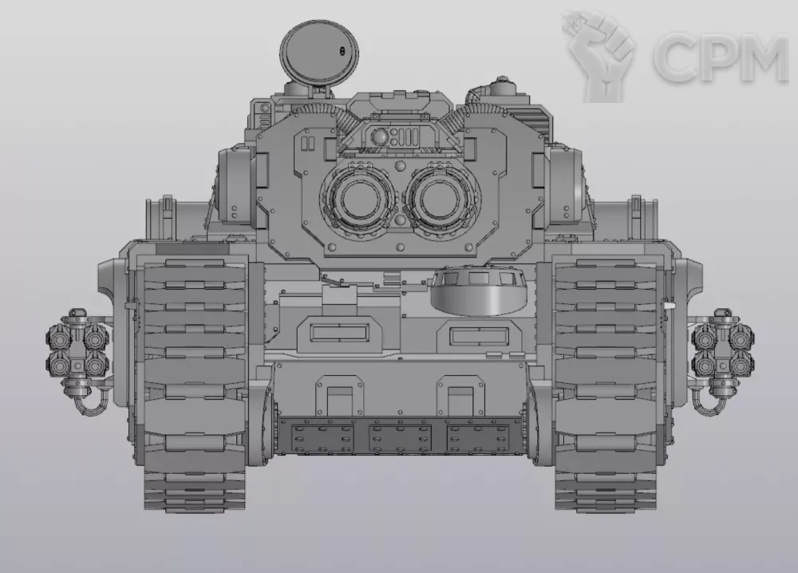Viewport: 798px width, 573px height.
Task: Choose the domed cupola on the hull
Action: point(479,291)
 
